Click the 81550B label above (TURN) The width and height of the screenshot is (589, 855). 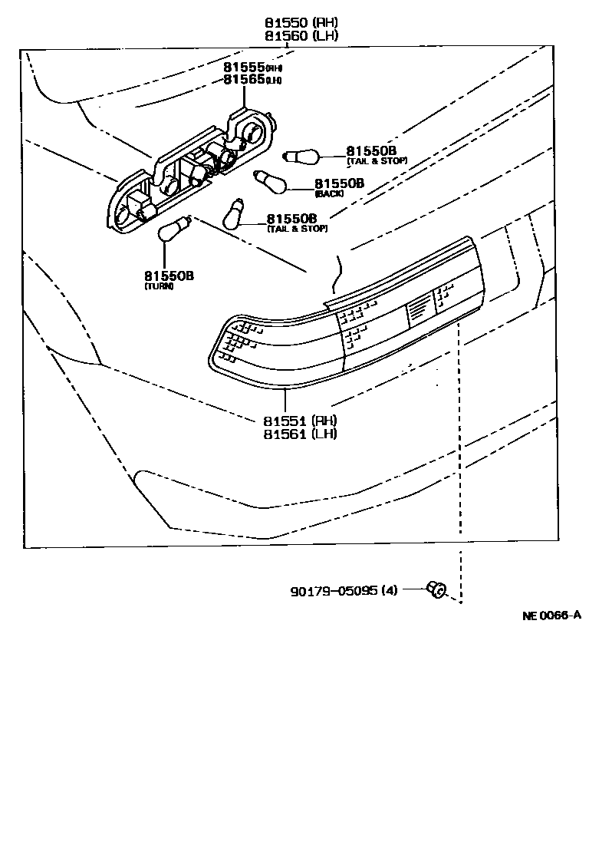168,276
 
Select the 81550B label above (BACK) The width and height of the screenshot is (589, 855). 338,183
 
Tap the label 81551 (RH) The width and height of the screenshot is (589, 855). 300,421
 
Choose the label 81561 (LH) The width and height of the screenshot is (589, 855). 300,433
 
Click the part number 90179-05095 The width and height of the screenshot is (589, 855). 334,592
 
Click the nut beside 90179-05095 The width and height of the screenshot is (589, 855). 436,589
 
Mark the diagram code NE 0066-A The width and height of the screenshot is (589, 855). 551,615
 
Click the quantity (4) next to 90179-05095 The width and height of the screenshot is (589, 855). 389,592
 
